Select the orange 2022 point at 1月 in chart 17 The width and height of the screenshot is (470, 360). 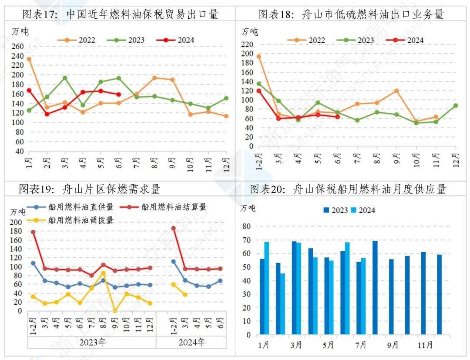(x=29, y=59)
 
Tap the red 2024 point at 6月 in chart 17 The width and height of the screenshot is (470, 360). (x=118, y=94)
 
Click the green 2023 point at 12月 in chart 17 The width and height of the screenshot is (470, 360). (x=226, y=98)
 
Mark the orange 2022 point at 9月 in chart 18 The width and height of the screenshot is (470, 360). (x=396, y=91)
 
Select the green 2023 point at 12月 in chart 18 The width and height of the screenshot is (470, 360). (x=455, y=105)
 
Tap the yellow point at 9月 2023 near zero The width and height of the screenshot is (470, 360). (x=115, y=310)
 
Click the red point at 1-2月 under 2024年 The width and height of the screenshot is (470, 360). (x=173, y=228)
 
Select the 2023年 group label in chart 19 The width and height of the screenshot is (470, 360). (x=92, y=342)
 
